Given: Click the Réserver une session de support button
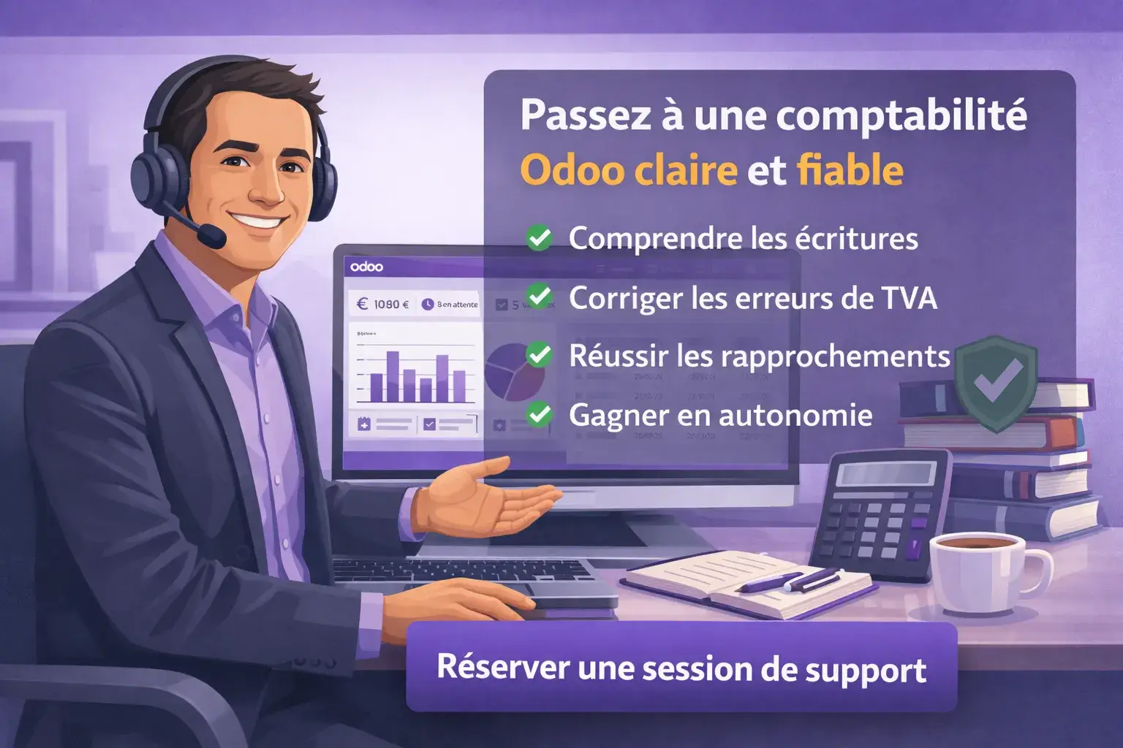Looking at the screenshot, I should [x=681, y=668].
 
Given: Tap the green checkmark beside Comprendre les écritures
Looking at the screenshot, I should [x=540, y=237].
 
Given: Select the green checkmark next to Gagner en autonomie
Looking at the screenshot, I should [x=540, y=414].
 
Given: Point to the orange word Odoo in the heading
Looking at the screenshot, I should [x=572, y=171].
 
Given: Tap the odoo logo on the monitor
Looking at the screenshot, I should [x=366, y=267].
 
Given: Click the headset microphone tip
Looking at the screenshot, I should [x=213, y=235].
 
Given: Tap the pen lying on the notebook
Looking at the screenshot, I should [x=790, y=581].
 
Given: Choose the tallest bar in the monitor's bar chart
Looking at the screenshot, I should [x=393, y=376].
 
